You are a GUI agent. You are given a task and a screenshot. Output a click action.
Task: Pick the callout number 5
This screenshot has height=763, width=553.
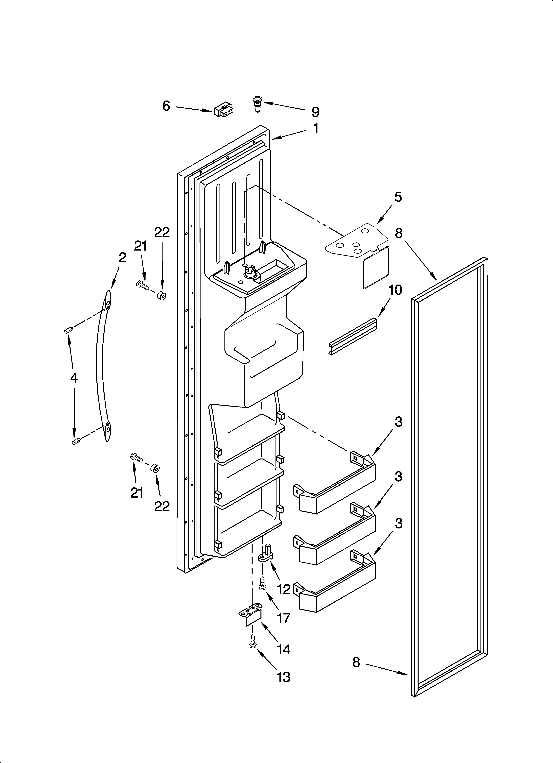[x=398, y=197]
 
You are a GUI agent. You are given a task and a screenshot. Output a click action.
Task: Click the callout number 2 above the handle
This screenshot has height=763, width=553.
[x=123, y=258]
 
